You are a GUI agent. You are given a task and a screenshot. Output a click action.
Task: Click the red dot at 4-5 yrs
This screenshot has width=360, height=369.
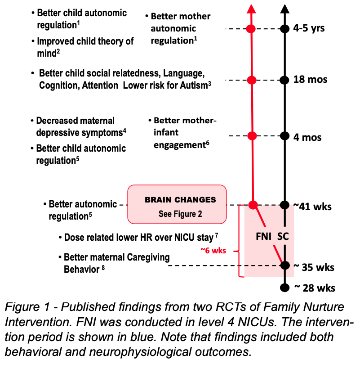click(x=251, y=29)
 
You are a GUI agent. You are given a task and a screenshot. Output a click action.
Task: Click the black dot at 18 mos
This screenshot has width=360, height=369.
click(x=284, y=80)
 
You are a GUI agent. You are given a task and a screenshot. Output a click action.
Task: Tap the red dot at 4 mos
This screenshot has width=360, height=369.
click(x=252, y=136)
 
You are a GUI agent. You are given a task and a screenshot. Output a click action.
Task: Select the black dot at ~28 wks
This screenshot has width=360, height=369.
click(x=284, y=288)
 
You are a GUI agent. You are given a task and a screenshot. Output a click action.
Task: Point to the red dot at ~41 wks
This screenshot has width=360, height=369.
click(x=253, y=205)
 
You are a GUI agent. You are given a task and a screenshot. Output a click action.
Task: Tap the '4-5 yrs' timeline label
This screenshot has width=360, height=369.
click(x=309, y=29)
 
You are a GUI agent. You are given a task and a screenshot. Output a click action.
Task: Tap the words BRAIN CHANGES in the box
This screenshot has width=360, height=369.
click(x=180, y=199)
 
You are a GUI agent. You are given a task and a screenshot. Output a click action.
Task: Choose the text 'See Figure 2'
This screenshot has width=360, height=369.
click(x=180, y=214)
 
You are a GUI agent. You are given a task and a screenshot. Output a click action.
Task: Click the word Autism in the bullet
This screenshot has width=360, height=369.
click(x=194, y=85)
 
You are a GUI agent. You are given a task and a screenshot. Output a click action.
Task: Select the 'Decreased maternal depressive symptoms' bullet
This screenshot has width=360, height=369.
click(x=77, y=126)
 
